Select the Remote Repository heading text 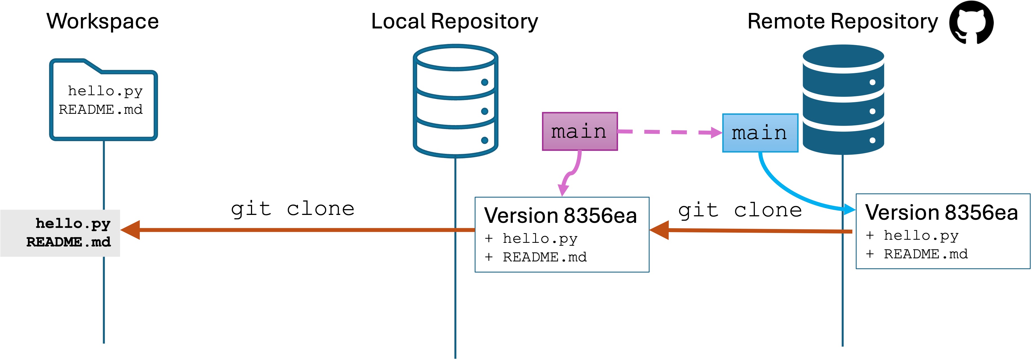click(x=842, y=21)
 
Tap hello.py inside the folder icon click(x=105, y=91)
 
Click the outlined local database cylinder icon click(x=455, y=100)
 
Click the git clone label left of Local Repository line click(x=292, y=209)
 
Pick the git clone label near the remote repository click(x=740, y=210)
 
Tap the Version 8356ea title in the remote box click(x=941, y=212)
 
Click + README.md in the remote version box click(x=917, y=254)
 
